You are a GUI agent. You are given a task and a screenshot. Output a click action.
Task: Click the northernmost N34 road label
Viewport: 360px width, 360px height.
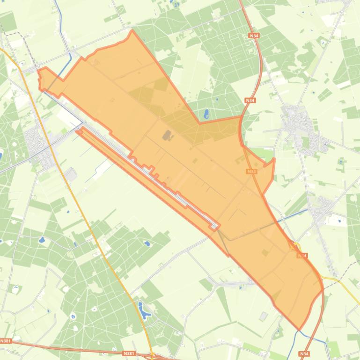click(x=254, y=36)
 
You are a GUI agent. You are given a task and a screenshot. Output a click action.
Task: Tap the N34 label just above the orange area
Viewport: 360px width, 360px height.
click(x=250, y=100)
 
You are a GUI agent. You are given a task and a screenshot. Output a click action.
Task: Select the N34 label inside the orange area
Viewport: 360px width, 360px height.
click(x=251, y=172)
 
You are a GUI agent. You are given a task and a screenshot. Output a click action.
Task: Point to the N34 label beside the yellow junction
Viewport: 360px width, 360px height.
click(x=302, y=256)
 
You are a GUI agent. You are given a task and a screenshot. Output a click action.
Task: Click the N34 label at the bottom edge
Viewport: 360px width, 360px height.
click(x=305, y=354)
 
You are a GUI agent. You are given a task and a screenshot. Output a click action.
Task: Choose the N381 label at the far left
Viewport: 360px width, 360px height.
click(x=6, y=341)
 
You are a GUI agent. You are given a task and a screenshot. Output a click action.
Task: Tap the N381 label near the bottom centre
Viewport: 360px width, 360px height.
click(x=129, y=354)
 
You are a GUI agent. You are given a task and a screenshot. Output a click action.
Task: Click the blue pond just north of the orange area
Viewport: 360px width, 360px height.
click(x=206, y=114)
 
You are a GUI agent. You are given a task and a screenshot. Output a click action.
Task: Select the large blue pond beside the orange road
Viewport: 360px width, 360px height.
click(x=142, y=309)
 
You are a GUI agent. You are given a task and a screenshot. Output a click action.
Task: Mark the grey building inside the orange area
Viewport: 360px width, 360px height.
click(x=167, y=136)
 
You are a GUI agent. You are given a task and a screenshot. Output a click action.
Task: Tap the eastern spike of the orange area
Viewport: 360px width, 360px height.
click(x=274, y=159)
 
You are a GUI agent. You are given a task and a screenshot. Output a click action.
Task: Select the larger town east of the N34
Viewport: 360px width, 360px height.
click(x=294, y=122)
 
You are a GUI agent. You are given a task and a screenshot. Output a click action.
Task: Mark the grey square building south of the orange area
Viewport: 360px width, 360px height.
click(x=264, y=317)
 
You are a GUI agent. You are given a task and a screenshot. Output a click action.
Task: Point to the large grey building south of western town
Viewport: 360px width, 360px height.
click(x=71, y=174)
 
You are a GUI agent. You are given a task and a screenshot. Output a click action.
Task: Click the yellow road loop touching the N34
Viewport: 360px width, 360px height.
click(x=296, y=246)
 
